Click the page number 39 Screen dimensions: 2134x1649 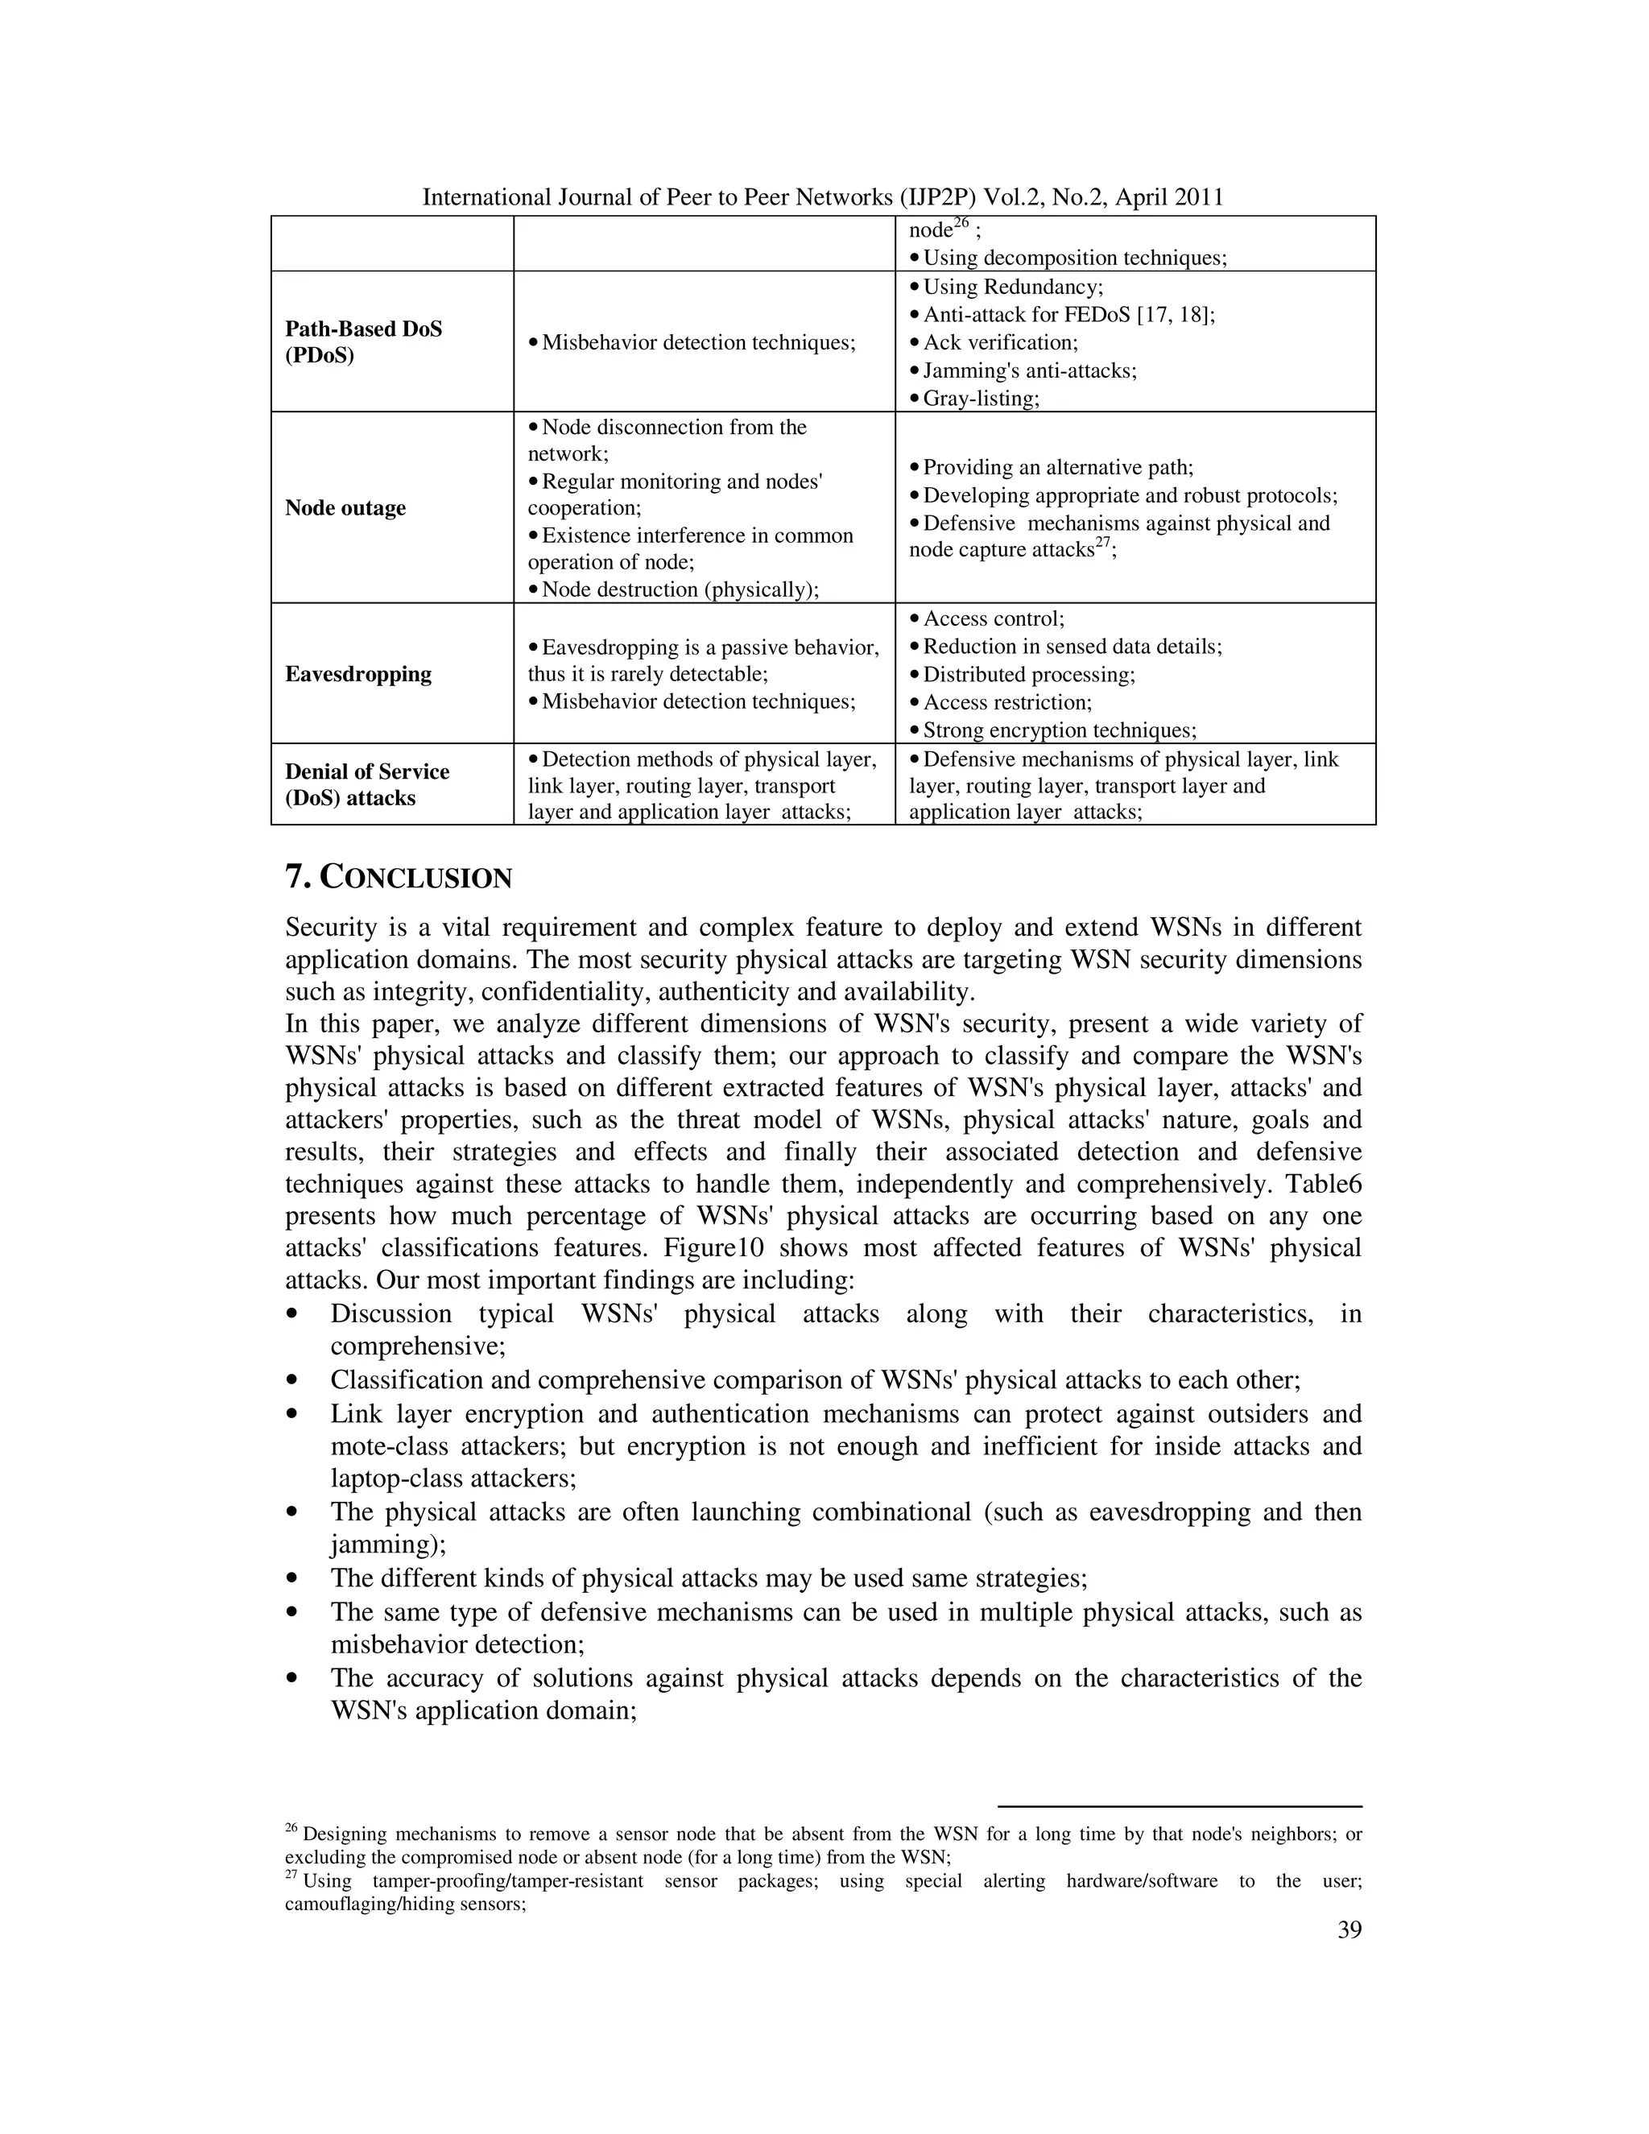(1348, 1929)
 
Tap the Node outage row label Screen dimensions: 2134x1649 (345, 507)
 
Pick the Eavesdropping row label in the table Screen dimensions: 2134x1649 (357, 673)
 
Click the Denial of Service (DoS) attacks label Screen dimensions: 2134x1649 (366, 784)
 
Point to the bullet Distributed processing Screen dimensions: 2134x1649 (1029, 674)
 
